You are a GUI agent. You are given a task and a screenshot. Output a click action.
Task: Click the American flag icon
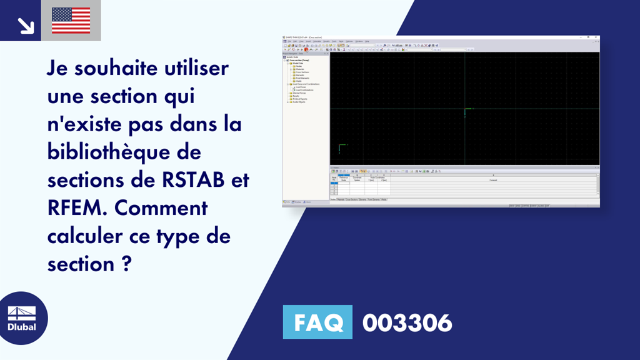coord(71,21)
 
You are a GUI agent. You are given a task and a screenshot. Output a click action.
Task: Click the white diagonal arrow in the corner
coord(25,24)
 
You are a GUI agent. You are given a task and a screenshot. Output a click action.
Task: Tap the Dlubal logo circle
coord(22,319)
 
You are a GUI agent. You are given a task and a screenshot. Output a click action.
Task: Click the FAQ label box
coord(317,322)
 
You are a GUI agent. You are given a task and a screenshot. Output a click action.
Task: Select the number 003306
coord(407,323)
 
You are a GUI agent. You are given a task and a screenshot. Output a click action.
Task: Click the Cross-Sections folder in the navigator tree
coord(302,72)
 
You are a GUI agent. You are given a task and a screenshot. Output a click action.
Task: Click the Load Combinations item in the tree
coord(304,90)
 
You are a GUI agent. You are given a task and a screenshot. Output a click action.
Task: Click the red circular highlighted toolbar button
coord(306,49)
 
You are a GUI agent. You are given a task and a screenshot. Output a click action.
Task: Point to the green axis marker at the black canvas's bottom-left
coord(340,149)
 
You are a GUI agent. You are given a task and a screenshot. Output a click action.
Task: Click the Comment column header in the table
coord(493,179)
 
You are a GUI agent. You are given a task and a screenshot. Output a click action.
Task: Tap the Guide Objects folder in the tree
coord(299,102)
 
